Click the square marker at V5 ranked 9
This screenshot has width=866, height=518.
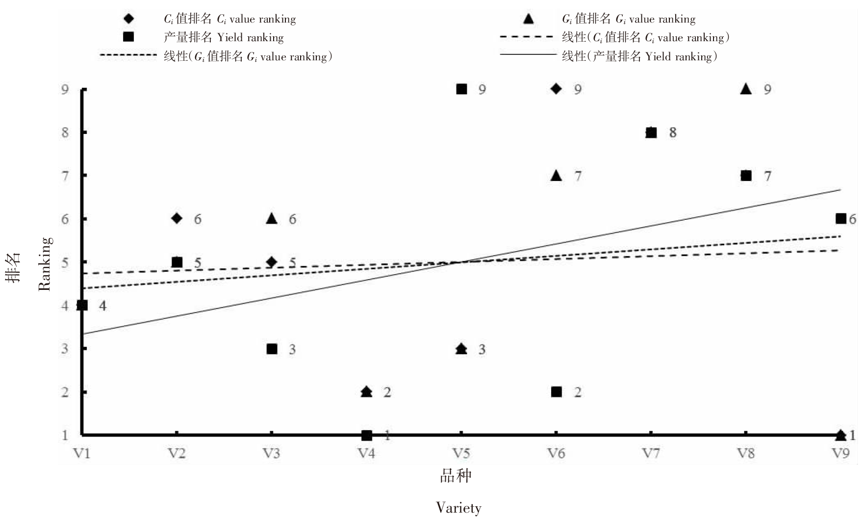click(x=461, y=89)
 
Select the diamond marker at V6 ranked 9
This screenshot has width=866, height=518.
click(x=556, y=89)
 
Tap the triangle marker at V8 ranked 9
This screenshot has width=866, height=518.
click(x=746, y=89)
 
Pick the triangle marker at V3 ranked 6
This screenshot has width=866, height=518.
click(x=272, y=219)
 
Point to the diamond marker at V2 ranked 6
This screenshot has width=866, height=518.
click(x=177, y=218)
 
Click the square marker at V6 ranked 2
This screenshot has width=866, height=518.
click(x=556, y=391)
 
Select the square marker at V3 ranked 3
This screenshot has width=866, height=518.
click(x=272, y=349)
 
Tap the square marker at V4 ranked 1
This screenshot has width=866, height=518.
click(x=366, y=435)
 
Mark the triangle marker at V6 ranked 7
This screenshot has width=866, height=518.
click(x=556, y=176)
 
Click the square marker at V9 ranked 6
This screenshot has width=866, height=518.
click(x=841, y=218)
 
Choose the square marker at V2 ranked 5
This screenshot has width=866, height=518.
click(x=177, y=262)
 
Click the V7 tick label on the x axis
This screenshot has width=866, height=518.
click(x=651, y=453)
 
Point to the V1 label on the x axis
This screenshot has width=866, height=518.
click(x=82, y=453)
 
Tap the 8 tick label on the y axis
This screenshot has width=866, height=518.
click(x=65, y=132)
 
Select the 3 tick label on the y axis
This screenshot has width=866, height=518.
click(x=65, y=349)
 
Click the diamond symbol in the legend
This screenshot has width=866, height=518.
click(x=128, y=19)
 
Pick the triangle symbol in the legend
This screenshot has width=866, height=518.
click(x=528, y=19)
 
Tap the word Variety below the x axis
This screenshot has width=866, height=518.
click(x=458, y=508)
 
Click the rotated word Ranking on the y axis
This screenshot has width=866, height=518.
click(x=45, y=264)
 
